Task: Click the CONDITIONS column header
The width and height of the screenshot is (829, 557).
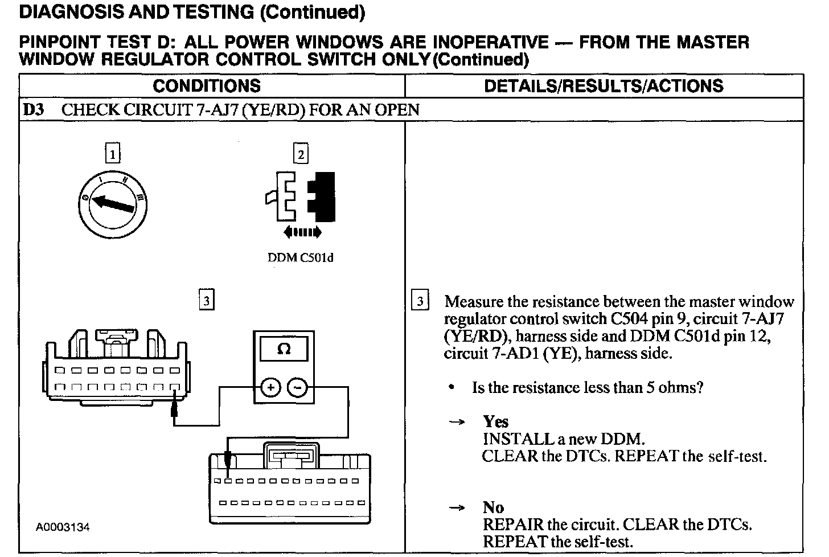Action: (x=207, y=86)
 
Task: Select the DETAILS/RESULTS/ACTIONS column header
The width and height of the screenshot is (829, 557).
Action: (x=604, y=86)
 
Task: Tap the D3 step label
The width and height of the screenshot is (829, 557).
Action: (x=34, y=110)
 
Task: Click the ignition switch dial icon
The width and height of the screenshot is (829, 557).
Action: (x=113, y=203)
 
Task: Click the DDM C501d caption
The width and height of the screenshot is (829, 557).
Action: (x=300, y=258)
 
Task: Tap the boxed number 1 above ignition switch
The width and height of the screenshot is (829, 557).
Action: (x=113, y=154)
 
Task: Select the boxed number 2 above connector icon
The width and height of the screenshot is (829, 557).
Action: (x=300, y=154)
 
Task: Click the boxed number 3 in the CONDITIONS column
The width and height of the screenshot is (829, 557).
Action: (x=207, y=300)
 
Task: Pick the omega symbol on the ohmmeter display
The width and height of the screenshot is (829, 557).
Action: (x=284, y=350)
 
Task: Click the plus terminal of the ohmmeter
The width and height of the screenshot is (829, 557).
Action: (x=270, y=388)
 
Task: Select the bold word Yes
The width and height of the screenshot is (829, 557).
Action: (x=495, y=421)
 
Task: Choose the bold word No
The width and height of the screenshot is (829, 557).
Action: (x=493, y=507)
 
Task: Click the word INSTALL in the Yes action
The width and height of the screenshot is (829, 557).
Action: (x=510, y=439)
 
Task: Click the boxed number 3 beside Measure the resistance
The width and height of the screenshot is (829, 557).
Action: (x=420, y=301)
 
